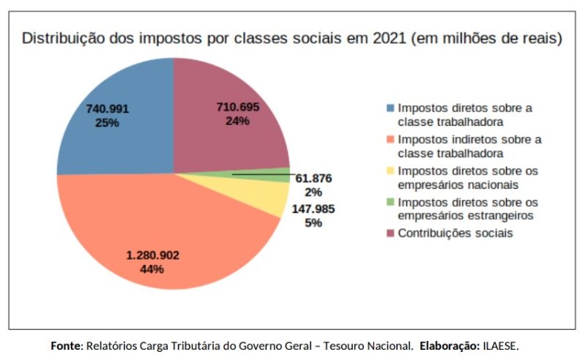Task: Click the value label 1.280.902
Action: tap(153, 255)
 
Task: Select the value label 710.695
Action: tap(238, 108)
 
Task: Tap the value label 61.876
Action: tap(314, 178)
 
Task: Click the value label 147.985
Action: tap(313, 209)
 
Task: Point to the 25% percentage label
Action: tap(107, 123)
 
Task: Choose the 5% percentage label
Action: tap(313, 222)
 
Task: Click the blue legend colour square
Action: tap(390, 108)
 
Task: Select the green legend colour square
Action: tap(390, 202)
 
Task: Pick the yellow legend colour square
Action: tap(390, 170)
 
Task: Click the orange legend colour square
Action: tap(390, 139)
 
